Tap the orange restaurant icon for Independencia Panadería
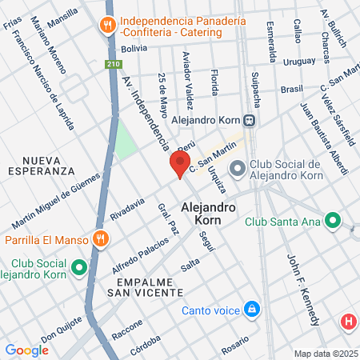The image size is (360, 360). click(107, 26)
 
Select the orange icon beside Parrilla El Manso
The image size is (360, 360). click(100, 238)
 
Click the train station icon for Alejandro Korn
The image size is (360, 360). click(250, 120)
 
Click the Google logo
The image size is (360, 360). click(26, 350)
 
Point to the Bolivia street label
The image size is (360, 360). click(134, 48)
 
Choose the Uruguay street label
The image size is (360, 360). click(300, 61)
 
